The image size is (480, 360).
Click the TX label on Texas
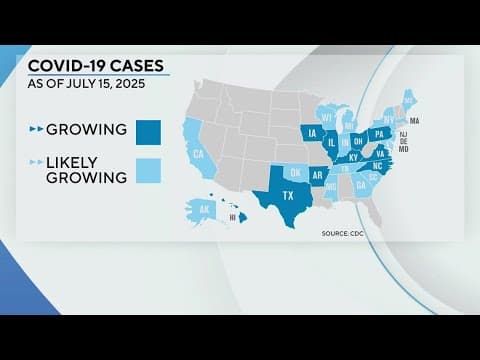tap(289, 195)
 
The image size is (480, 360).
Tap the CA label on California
tap(198, 154)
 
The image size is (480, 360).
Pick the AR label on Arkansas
tap(317, 175)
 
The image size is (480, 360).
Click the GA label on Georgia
tap(360, 185)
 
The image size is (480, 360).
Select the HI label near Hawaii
tap(233, 217)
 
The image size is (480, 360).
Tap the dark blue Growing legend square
tap(149, 130)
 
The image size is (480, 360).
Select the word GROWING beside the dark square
tap(87, 130)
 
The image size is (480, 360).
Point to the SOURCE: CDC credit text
tap(342, 233)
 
